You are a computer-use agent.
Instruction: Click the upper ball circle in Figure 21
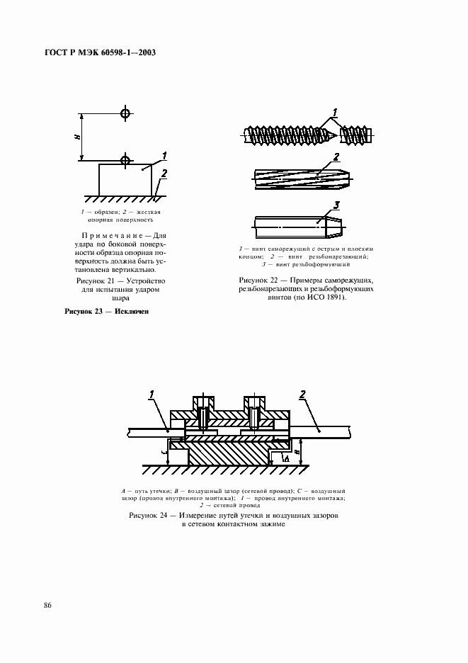(125, 113)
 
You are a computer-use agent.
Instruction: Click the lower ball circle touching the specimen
(125, 159)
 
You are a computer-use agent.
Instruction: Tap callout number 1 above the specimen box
(164, 154)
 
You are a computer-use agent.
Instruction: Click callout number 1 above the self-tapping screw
(336, 111)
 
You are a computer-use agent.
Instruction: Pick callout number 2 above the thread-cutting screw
(336, 157)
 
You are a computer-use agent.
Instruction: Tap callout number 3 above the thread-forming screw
(337, 205)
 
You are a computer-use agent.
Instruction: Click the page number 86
(47, 604)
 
